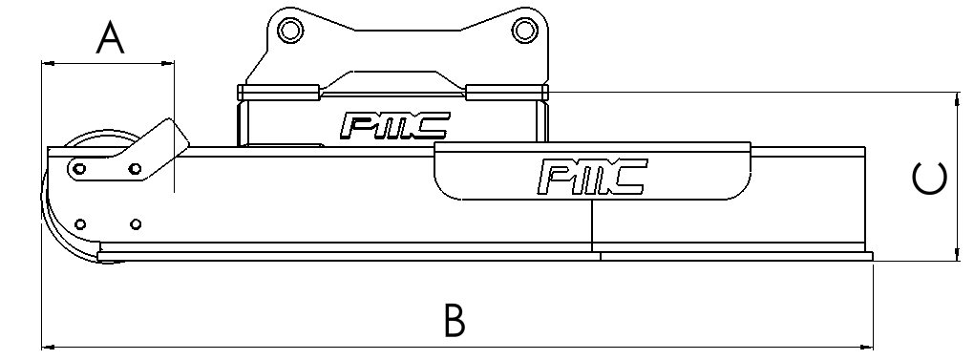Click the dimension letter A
[111, 38]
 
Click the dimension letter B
[455, 320]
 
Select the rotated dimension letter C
[929, 179]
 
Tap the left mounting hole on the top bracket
[290, 30]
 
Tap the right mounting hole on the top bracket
[525, 30]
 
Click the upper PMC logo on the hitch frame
[395, 126]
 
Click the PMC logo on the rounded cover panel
[593, 177]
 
